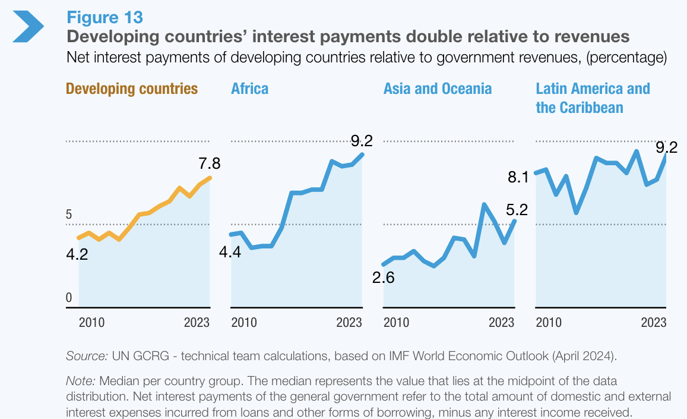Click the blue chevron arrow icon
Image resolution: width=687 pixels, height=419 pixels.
pyautogui.click(x=28, y=26)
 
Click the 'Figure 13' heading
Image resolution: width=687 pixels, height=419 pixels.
pyautogui.click(x=105, y=17)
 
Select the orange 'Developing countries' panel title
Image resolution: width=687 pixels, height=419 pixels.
pyautogui.click(x=132, y=89)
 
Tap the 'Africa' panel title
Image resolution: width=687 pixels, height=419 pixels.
pyautogui.click(x=249, y=89)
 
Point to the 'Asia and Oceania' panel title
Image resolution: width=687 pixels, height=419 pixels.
pyautogui.click(x=438, y=89)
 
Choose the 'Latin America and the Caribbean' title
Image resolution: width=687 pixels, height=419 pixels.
pyautogui.click(x=593, y=98)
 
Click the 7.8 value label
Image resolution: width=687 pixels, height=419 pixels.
pyautogui.click(x=210, y=163)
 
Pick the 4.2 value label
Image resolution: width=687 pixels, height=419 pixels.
pyautogui.click(x=77, y=255)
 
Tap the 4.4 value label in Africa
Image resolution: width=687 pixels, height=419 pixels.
pyautogui.click(x=230, y=252)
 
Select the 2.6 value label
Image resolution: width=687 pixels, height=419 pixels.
pyautogui.click(x=383, y=278)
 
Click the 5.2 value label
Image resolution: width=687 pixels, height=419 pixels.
pyautogui.click(x=517, y=210)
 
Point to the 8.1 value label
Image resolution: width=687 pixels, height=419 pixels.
pyautogui.click(x=518, y=177)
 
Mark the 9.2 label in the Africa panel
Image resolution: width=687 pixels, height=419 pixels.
pyautogui.click(x=361, y=141)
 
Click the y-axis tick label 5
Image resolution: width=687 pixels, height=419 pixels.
pyautogui.click(x=69, y=215)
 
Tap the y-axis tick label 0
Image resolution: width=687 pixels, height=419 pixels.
pyautogui.click(x=69, y=298)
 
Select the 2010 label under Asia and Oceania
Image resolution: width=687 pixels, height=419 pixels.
pyautogui.click(x=396, y=323)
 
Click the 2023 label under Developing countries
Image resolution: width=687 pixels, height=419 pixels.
pyautogui.click(x=197, y=323)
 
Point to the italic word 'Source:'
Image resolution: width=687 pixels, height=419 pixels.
pyautogui.click(x=87, y=356)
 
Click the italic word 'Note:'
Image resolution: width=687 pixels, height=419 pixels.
pyautogui.click(x=81, y=380)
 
